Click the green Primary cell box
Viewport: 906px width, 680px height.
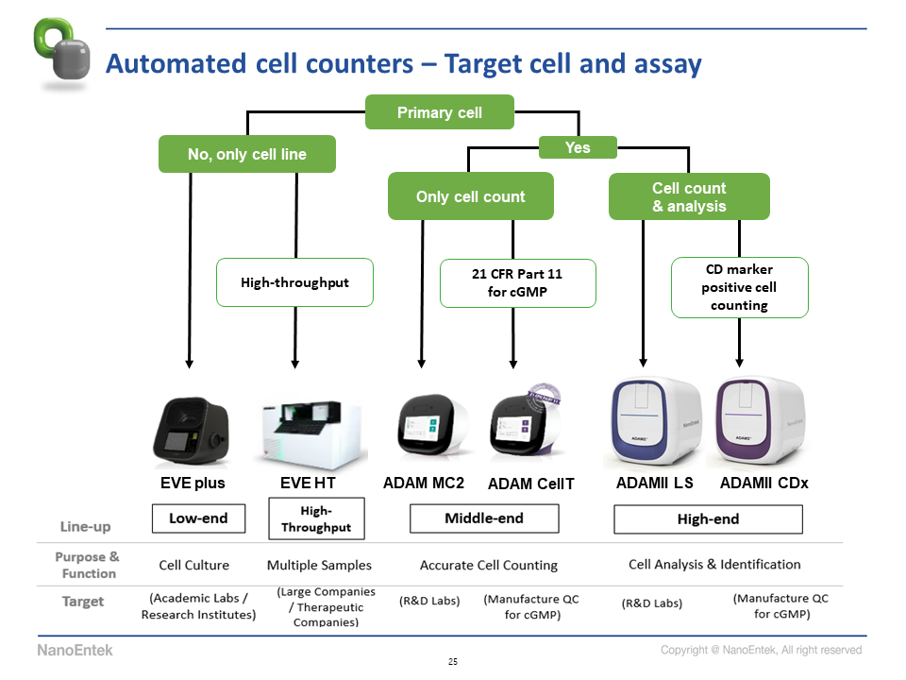tap(440, 112)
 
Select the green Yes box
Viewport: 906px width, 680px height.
tap(578, 147)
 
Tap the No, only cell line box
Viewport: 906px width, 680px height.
tap(247, 154)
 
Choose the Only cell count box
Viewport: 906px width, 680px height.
tap(471, 196)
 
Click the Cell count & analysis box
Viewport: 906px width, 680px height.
tap(689, 196)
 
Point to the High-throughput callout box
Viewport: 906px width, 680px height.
tap(295, 282)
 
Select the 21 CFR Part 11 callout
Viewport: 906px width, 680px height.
tap(518, 282)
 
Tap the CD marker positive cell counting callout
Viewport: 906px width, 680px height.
tap(740, 288)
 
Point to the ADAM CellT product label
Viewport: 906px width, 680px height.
tap(531, 484)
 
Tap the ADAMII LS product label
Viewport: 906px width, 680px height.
tap(654, 483)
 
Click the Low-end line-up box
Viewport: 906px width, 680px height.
tap(198, 518)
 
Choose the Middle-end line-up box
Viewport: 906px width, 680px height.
tap(484, 518)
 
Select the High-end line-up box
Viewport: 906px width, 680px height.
tap(708, 518)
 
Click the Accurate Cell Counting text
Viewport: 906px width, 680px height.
tap(489, 565)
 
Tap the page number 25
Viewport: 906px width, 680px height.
tap(453, 661)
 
